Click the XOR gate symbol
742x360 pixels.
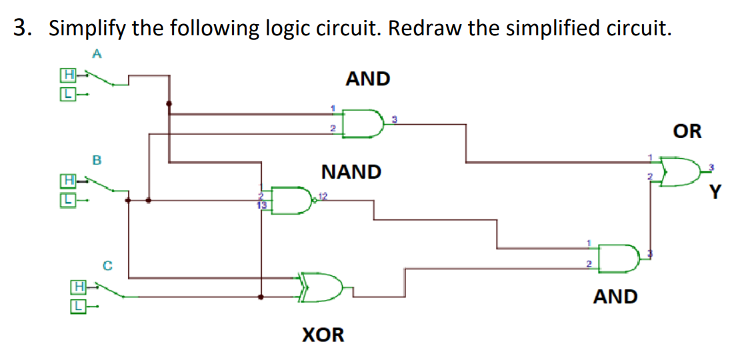click(324, 287)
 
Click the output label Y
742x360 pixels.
click(715, 193)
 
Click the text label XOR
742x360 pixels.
click(324, 334)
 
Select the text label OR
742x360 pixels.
click(687, 131)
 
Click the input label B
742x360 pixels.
click(97, 160)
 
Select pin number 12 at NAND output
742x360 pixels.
click(323, 195)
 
